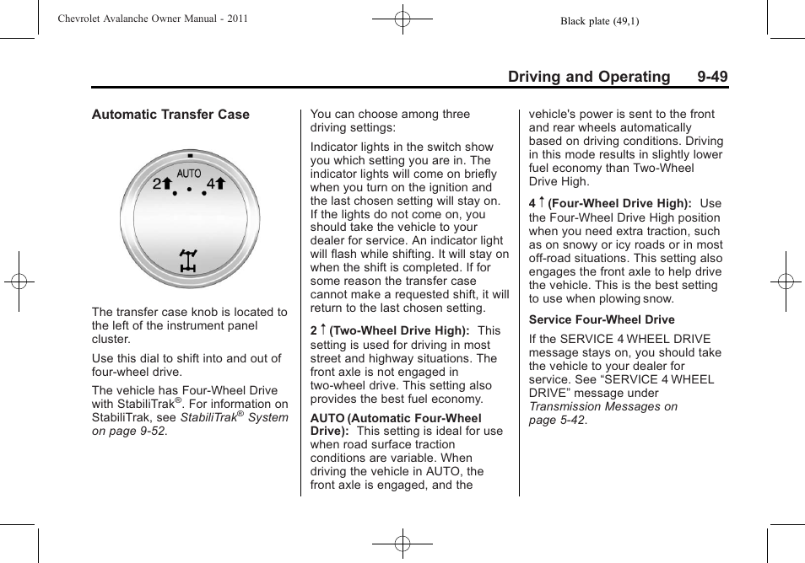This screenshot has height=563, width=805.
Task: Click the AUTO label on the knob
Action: [x=189, y=174]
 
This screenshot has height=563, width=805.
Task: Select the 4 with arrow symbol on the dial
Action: [x=216, y=184]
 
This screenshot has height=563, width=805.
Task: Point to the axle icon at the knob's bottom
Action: [x=189, y=260]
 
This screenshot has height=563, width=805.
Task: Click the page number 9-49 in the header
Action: [x=712, y=77]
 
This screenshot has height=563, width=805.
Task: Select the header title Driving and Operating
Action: [x=589, y=77]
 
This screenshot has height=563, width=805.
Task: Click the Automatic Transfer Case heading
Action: [x=170, y=115]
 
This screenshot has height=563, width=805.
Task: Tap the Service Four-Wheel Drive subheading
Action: [x=602, y=319]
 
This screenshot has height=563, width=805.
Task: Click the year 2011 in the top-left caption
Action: [x=236, y=19]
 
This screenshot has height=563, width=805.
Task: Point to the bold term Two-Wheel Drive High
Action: [x=399, y=331]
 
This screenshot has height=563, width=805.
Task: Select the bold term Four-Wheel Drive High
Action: [x=619, y=204]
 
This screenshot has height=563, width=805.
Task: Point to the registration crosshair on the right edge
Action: [x=785, y=282]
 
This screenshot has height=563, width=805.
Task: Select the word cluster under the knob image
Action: [x=111, y=339]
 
